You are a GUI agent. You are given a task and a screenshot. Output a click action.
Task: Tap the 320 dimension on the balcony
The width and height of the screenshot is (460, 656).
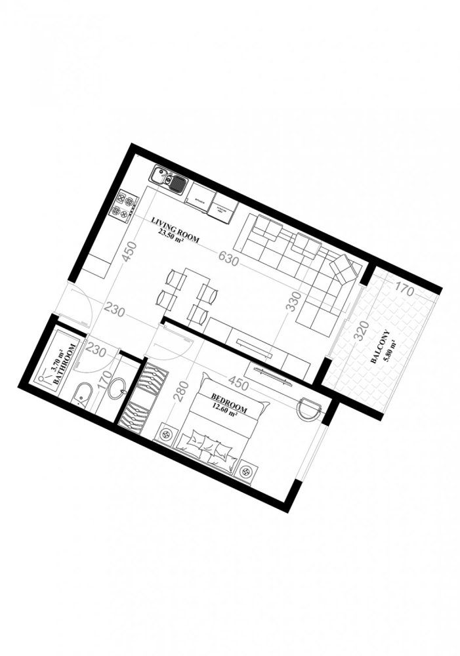[359, 333]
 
